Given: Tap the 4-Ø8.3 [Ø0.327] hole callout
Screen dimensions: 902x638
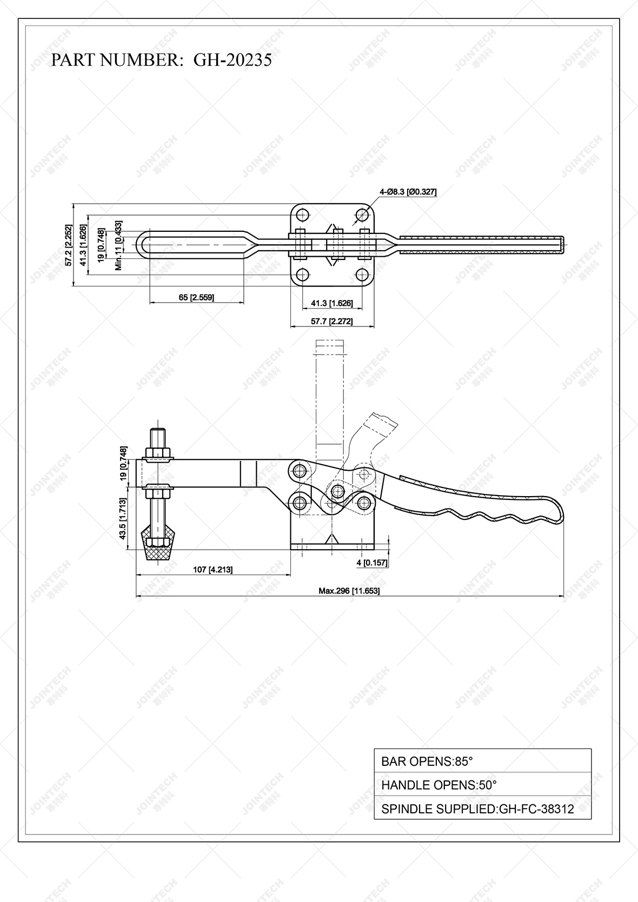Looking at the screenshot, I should pyautogui.click(x=408, y=191).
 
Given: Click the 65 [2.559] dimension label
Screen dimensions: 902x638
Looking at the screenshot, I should pyautogui.click(x=196, y=297).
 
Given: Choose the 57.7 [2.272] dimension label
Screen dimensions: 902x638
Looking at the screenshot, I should pyautogui.click(x=331, y=321).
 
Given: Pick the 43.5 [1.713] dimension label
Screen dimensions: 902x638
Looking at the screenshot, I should pyautogui.click(x=123, y=519).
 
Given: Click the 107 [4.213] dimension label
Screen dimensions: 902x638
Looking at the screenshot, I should pyautogui.click(x=212, y=570).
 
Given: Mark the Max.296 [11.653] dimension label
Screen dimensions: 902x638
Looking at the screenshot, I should pyautogui.click(x=349, y=591).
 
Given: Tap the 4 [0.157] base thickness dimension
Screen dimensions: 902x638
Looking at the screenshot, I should pyautogui.click(x=372, y=563).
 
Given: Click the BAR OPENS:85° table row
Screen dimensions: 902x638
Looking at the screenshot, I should pyautogui.click(x=482, y=761).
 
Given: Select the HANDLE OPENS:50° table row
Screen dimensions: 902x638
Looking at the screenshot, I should pyautogui.click(x=482, y=785).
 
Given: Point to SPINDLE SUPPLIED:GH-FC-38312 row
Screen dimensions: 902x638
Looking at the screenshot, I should pyautogui.click(x=482, y=809).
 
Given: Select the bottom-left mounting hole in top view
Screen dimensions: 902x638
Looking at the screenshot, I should pyautogui.click(x=302, y=275).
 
